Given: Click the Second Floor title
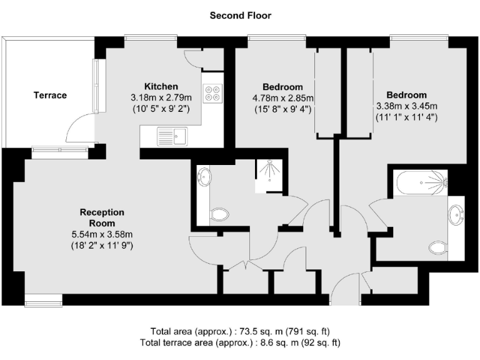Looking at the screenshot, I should pyautogui.click(x=240, y=16).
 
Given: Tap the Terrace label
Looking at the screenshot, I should pyautogui.click(x=50, y=95).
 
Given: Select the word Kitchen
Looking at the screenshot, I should pyautogui.click(x=161, y=86).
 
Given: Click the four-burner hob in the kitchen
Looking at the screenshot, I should pyautogui.click(x=212, y=92).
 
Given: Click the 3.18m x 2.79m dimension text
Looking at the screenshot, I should pyautogui.click(x=161, y=97).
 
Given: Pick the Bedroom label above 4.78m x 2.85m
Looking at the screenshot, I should pyautogui.click(x=282, y=87).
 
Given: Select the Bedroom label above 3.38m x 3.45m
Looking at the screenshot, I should pyautogui.click(x=406, y=94).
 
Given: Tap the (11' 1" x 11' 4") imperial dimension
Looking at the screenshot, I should pyautogui.click(x=406, y=116).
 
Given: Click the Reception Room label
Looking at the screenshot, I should pyautogui.click(x=102, y=217).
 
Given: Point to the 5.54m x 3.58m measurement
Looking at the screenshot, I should pyautogui.click(x=102, y=234).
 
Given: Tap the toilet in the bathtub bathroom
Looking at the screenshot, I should pyautogui.click(x=439, y=247).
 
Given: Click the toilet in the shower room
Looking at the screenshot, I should pyautogui.click(x=219, y=215).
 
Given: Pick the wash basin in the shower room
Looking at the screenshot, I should pyautogui.click(x=204, y=177).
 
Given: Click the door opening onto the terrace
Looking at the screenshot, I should pyautogui.click(x=80, y=130).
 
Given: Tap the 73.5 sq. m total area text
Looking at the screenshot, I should pyautogui.click(x=240, y=331).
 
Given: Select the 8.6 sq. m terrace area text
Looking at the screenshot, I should pyautogui.click(x=240, y=342).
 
